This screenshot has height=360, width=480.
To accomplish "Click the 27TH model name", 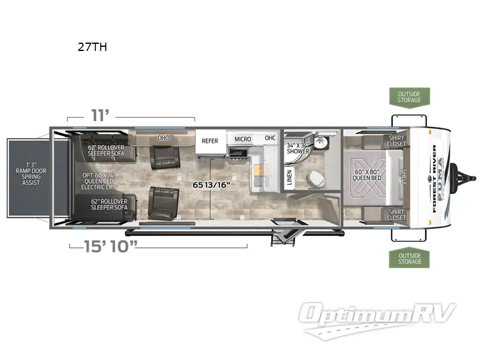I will click(x=92, y=47).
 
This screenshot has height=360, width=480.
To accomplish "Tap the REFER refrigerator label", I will click(x=210, y=141).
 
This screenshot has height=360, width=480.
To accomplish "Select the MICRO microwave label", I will click(x=243, y=139).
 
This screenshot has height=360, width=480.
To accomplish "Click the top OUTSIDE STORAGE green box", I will click(x=409, y=96).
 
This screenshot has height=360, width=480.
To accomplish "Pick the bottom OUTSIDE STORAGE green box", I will click(x=409, y=259).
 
